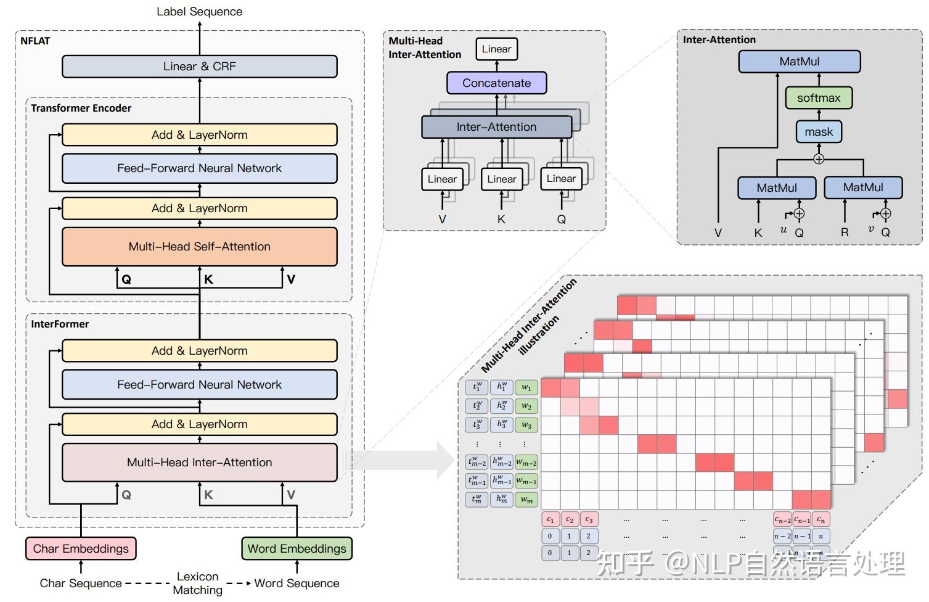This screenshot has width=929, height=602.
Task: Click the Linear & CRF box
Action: (199, 67)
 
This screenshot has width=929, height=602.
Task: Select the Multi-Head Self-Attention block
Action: (199, 247)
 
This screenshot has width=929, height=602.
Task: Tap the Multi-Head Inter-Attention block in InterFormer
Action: (199, 463)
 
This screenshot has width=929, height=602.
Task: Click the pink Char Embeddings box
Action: (81, 548)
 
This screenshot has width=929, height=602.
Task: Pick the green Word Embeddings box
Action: (297, 548)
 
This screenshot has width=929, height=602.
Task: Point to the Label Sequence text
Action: (199, 11)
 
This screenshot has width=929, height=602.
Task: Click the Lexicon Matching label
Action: (197, 583)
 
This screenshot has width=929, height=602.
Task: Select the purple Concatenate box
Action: (496, 83)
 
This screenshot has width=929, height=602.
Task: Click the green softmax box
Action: (818, 98)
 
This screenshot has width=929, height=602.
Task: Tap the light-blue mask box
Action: (818, 132)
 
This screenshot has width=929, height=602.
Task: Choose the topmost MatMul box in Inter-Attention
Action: (799, 62)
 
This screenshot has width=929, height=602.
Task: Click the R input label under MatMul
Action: (844, 233)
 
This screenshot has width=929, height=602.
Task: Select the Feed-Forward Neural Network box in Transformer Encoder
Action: (199, 168)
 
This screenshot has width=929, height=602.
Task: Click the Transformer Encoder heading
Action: (81, 108)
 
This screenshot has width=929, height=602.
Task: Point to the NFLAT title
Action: (35, 41)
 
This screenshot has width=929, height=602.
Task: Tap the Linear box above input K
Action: (501, 179)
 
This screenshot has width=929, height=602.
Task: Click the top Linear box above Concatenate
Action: (496, 49)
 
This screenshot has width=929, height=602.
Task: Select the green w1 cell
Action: (526, 387)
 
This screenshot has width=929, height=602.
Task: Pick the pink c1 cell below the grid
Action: (550, 519)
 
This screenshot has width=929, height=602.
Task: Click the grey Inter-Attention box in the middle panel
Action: (496, 127)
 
